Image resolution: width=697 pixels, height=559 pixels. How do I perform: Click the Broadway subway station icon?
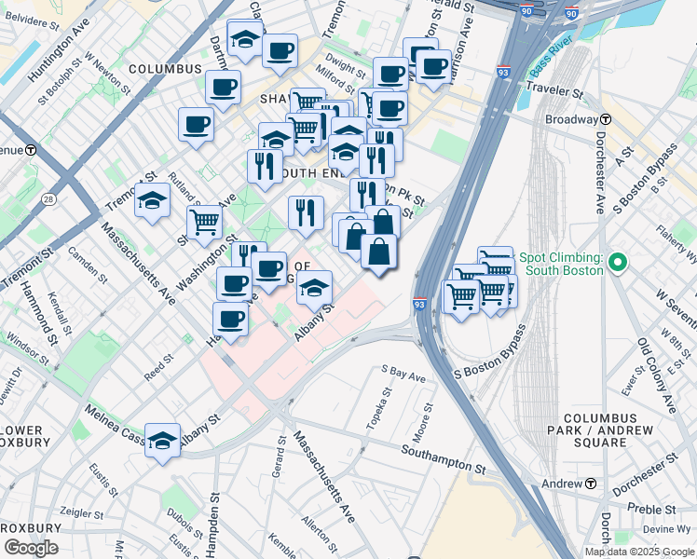pos(606,119)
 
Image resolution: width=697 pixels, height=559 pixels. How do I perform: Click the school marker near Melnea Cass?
pos(163,441)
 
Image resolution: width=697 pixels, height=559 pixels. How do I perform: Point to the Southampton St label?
pos(444,451)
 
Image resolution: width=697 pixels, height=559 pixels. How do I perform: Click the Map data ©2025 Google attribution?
pos(638,552)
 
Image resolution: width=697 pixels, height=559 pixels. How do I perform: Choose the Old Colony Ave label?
pos(657,375)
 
